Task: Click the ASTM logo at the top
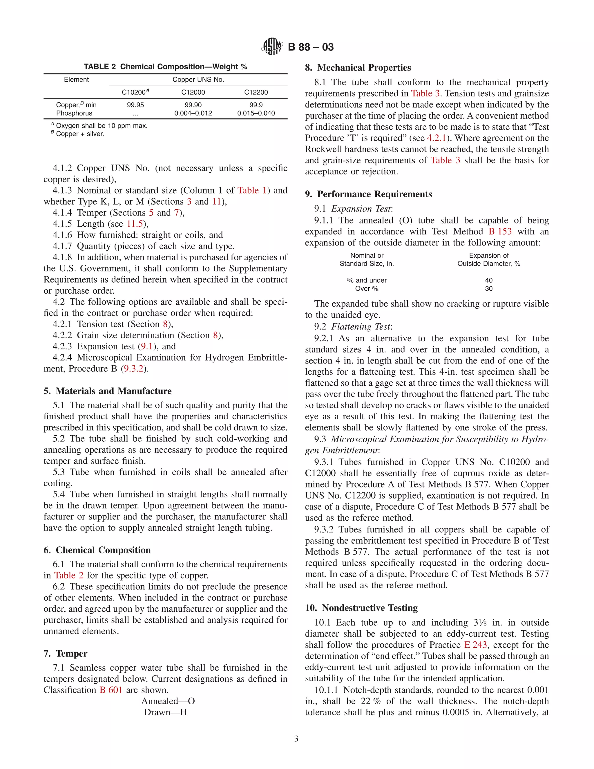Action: pyautogui.click(x=272, y=46)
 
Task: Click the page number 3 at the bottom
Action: pyautogui.click(x=296, y=739)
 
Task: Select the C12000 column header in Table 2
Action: pyautogui.click(x=193, y=92)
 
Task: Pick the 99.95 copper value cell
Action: pyautogui.click(x=135, y=105)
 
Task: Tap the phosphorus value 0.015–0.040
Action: pyautogui.click(x=256, y=113)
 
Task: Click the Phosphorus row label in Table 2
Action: pyautogui.click(x=74, y=113)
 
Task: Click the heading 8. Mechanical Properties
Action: pyautogui.click(x=358, y=68)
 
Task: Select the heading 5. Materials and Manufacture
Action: pyautogui.click(x=107, y=391)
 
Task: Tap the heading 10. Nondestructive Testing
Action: pyautogui.click(x=361, y=608)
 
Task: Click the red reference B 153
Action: pyautogui.click(x=500, y=231)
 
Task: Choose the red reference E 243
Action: pyautogui.click(x=475, y=645)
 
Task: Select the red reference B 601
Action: pyautogui.click(x=111, y=690)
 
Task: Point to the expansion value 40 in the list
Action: pyautogui.click(x=488, y=280)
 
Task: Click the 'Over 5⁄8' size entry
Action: pyautogui.click(x=367, y=289)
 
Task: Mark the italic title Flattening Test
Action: pyautogui.click(x=361, y=327)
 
